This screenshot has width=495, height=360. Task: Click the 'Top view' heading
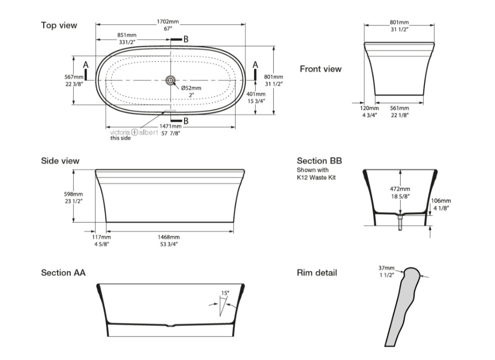click(59, 25)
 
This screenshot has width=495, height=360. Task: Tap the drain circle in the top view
click(171, 80)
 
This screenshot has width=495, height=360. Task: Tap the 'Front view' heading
click(320, 69)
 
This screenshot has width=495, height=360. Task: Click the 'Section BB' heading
click(319, 161)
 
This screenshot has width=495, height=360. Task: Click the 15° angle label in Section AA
click(225, 293)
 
